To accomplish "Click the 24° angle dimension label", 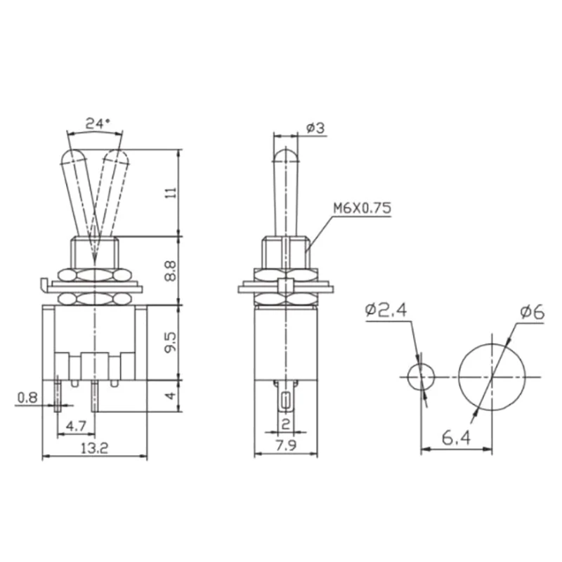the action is [x=98, y=123].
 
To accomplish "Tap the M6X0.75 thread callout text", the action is [x=362, y=209].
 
